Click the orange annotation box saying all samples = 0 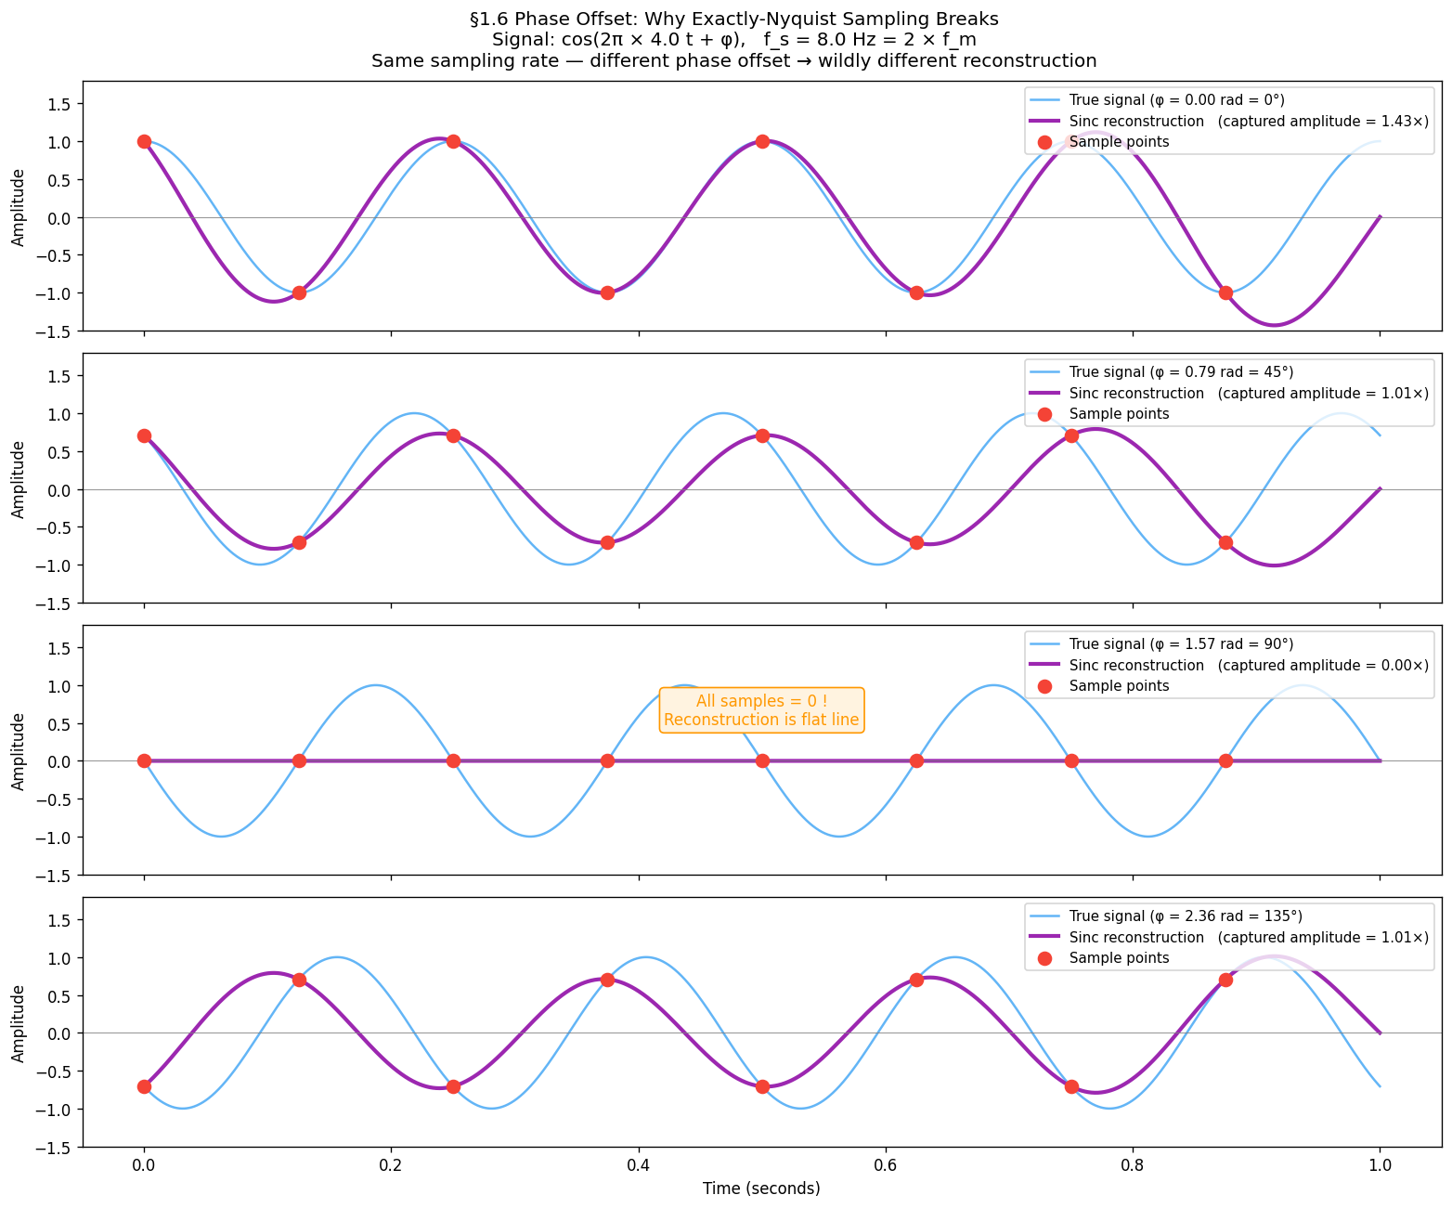pos(761,710)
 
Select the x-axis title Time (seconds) pos(761,1189)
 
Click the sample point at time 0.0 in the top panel pos(144,141)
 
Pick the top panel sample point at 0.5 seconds pos(762,141)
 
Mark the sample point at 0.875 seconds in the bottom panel pos(1225,980)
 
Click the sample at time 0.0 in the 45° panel pos(144,435)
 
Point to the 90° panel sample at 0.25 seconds pos(453,760)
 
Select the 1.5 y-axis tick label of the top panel pos(59,104)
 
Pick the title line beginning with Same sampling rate pos(733,61)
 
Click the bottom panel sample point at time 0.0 pos(144,1086)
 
